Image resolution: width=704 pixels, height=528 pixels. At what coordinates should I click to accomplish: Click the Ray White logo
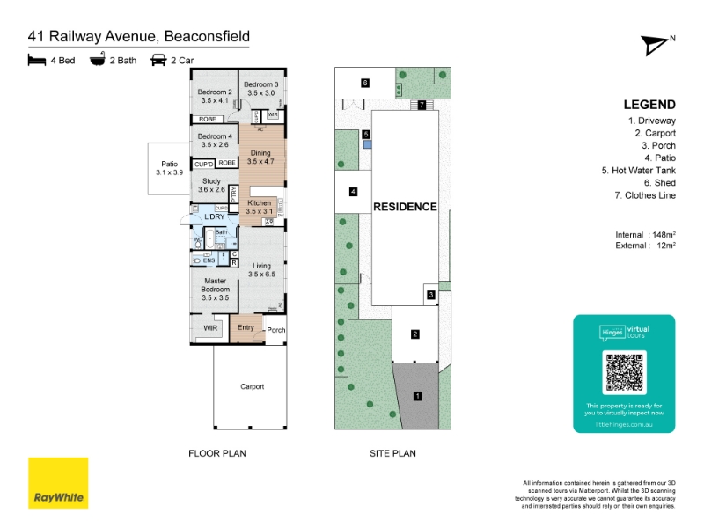tap(58, 483)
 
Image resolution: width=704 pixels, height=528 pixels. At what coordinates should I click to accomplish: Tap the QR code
tap(624, 372)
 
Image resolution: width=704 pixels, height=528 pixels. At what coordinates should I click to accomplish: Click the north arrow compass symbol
tap(656, 45)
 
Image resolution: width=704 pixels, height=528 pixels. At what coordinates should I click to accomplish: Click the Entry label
tap(246, 328)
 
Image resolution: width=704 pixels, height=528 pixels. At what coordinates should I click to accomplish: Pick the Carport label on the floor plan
tap(252, 386)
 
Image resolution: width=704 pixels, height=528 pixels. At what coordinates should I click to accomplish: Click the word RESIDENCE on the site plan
tap(405, 207)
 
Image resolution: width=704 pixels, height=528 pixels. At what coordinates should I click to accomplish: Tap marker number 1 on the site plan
tap(418, 396)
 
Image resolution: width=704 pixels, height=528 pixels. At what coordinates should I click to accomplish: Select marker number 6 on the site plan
tap(364, 83)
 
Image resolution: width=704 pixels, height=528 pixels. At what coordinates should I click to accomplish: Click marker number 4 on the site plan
tap(353, 191)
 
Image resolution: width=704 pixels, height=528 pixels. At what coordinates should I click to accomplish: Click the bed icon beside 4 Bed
tap(37, 60)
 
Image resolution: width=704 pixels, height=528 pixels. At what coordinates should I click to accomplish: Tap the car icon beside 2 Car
tap(158, 60)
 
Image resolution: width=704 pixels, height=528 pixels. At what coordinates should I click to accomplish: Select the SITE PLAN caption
tap(392, 454)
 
